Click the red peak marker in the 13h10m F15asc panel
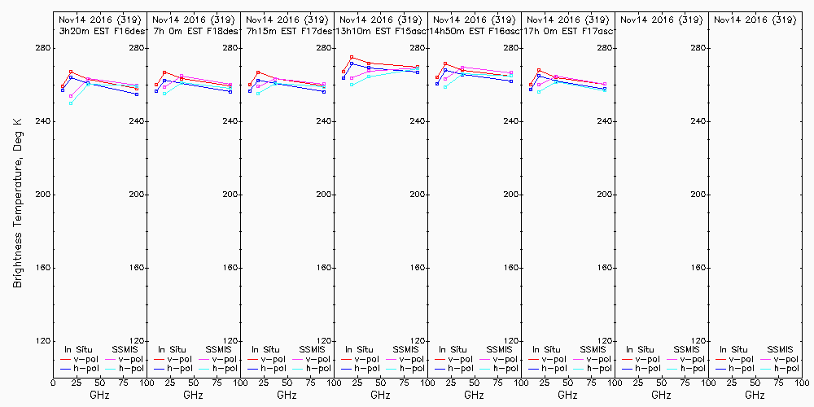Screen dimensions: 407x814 tap(352, 57)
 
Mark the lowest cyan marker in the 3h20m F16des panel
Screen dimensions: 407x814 tap(71, 103)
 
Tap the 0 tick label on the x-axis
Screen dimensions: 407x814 tap(53, 381)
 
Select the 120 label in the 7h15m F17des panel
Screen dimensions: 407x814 tap(323, 341)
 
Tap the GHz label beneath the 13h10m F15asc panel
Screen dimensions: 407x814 tap(380, 395)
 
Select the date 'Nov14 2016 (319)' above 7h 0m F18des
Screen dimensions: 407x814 tap(193, 20)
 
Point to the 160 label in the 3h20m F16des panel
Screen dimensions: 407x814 tap(136, 268)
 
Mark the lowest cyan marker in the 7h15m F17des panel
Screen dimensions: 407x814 tap(258, 94)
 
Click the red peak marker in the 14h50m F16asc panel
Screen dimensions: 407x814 tap(445, 63)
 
